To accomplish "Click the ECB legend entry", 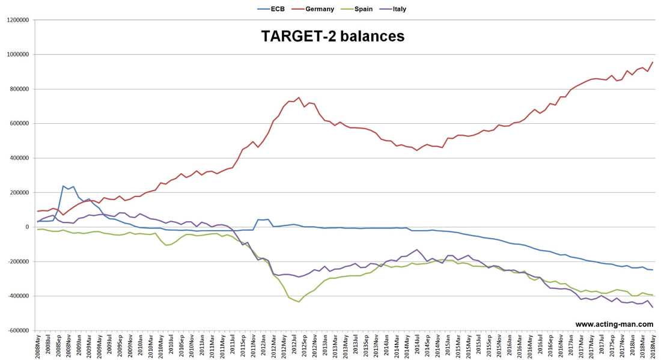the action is pyautogui.click(x=271, y=9).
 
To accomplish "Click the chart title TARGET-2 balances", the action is pyautogui.click(x=333, y=36).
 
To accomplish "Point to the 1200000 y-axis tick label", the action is pyautogui.click(x=17, y=20).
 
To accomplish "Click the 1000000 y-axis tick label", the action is pyautogui.click(x=17, y=54).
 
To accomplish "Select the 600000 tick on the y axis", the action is pyautogui.click(x=19, y=124).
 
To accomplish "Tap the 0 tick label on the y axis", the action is pyautogui.click(x=27, y=227).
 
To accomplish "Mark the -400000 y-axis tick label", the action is pyautogui.click(x=17, y=296).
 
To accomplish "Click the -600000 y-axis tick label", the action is pyautogui.click(x=17, y=331).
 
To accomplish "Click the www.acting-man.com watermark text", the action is pyautogui.click(x=614, y=324).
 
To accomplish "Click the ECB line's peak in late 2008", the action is pyautogui.click(x=63, y=186).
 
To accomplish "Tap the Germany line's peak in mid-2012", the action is pyautogui.click(x=299, y=97).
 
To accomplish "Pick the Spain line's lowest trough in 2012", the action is pyautogui.click(x=299, y=302).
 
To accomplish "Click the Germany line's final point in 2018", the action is pyautogui.click(x=653, y=63).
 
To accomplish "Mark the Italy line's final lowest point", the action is pyautogui.click(x=653, y=307).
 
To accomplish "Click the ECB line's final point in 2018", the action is pyautogui.click(x=653, y=270).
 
